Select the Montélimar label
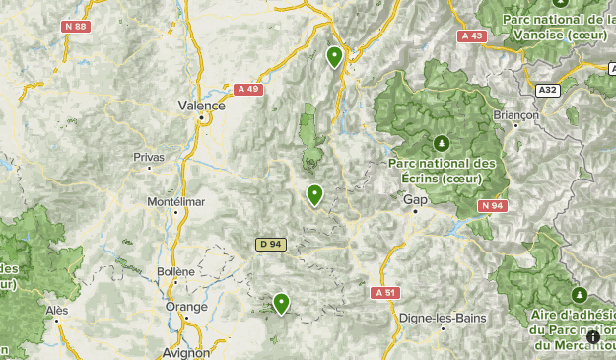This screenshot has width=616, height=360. (175, 201)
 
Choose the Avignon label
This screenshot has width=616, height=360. (184, 352)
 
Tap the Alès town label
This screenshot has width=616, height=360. (57, 309)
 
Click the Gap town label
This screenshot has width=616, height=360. (414, 199)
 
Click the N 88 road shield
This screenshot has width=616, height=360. (77, 28)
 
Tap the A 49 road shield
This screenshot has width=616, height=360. (248, 89)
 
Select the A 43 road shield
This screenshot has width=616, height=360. (472, 36)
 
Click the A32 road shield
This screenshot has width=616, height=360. (549, 89)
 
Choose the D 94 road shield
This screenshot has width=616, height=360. (270, 244)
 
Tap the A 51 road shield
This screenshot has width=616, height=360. (385, 293)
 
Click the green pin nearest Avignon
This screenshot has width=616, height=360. (282, 303)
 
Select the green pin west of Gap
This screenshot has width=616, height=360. (315, 194)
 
